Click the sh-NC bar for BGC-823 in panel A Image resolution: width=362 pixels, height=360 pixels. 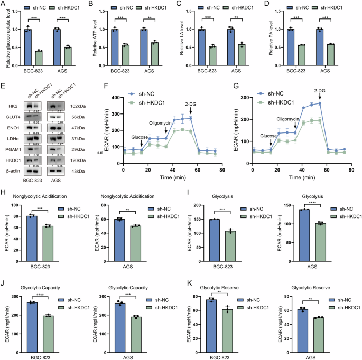tap(28, 48)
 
